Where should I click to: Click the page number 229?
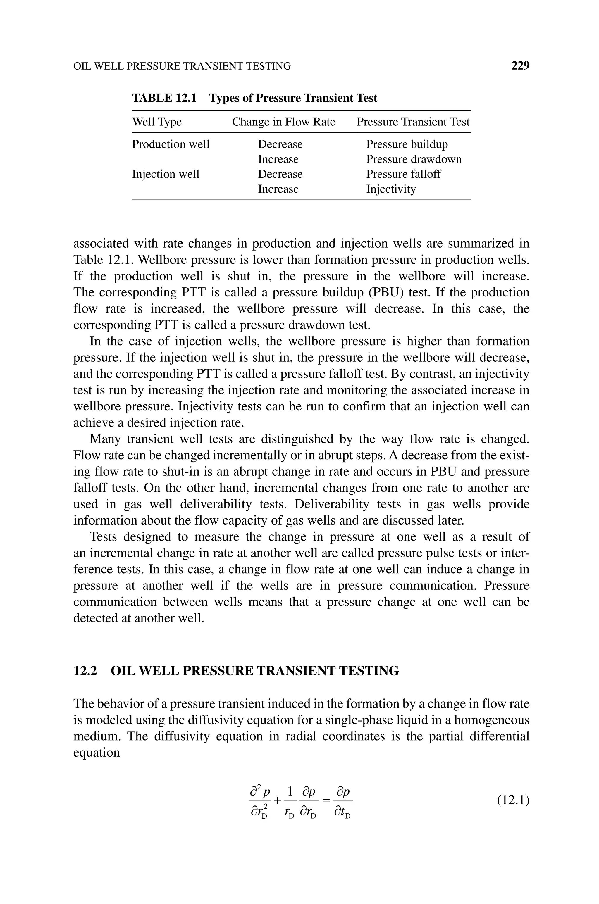[x=520, y=66]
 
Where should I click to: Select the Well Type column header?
[x=157, y=122]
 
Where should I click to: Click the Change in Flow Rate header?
[x=283, y=122]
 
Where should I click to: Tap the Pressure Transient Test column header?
[x=413, y=122]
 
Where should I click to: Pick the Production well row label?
[x=171, y=144]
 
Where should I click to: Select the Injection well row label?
[x=166, y=174]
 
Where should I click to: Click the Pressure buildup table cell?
[x=407, y=144]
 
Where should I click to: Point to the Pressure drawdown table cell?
[x=414, y=159]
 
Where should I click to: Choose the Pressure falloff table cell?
[x=403, y=174]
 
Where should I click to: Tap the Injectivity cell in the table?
[x=391, y=189]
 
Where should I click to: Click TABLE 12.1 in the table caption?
[x=164, y=98]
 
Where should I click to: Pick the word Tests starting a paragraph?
[x=103, y=537]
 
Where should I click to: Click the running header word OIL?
[x=82, y=66]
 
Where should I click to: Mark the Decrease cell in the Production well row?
[x=280, y=144]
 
